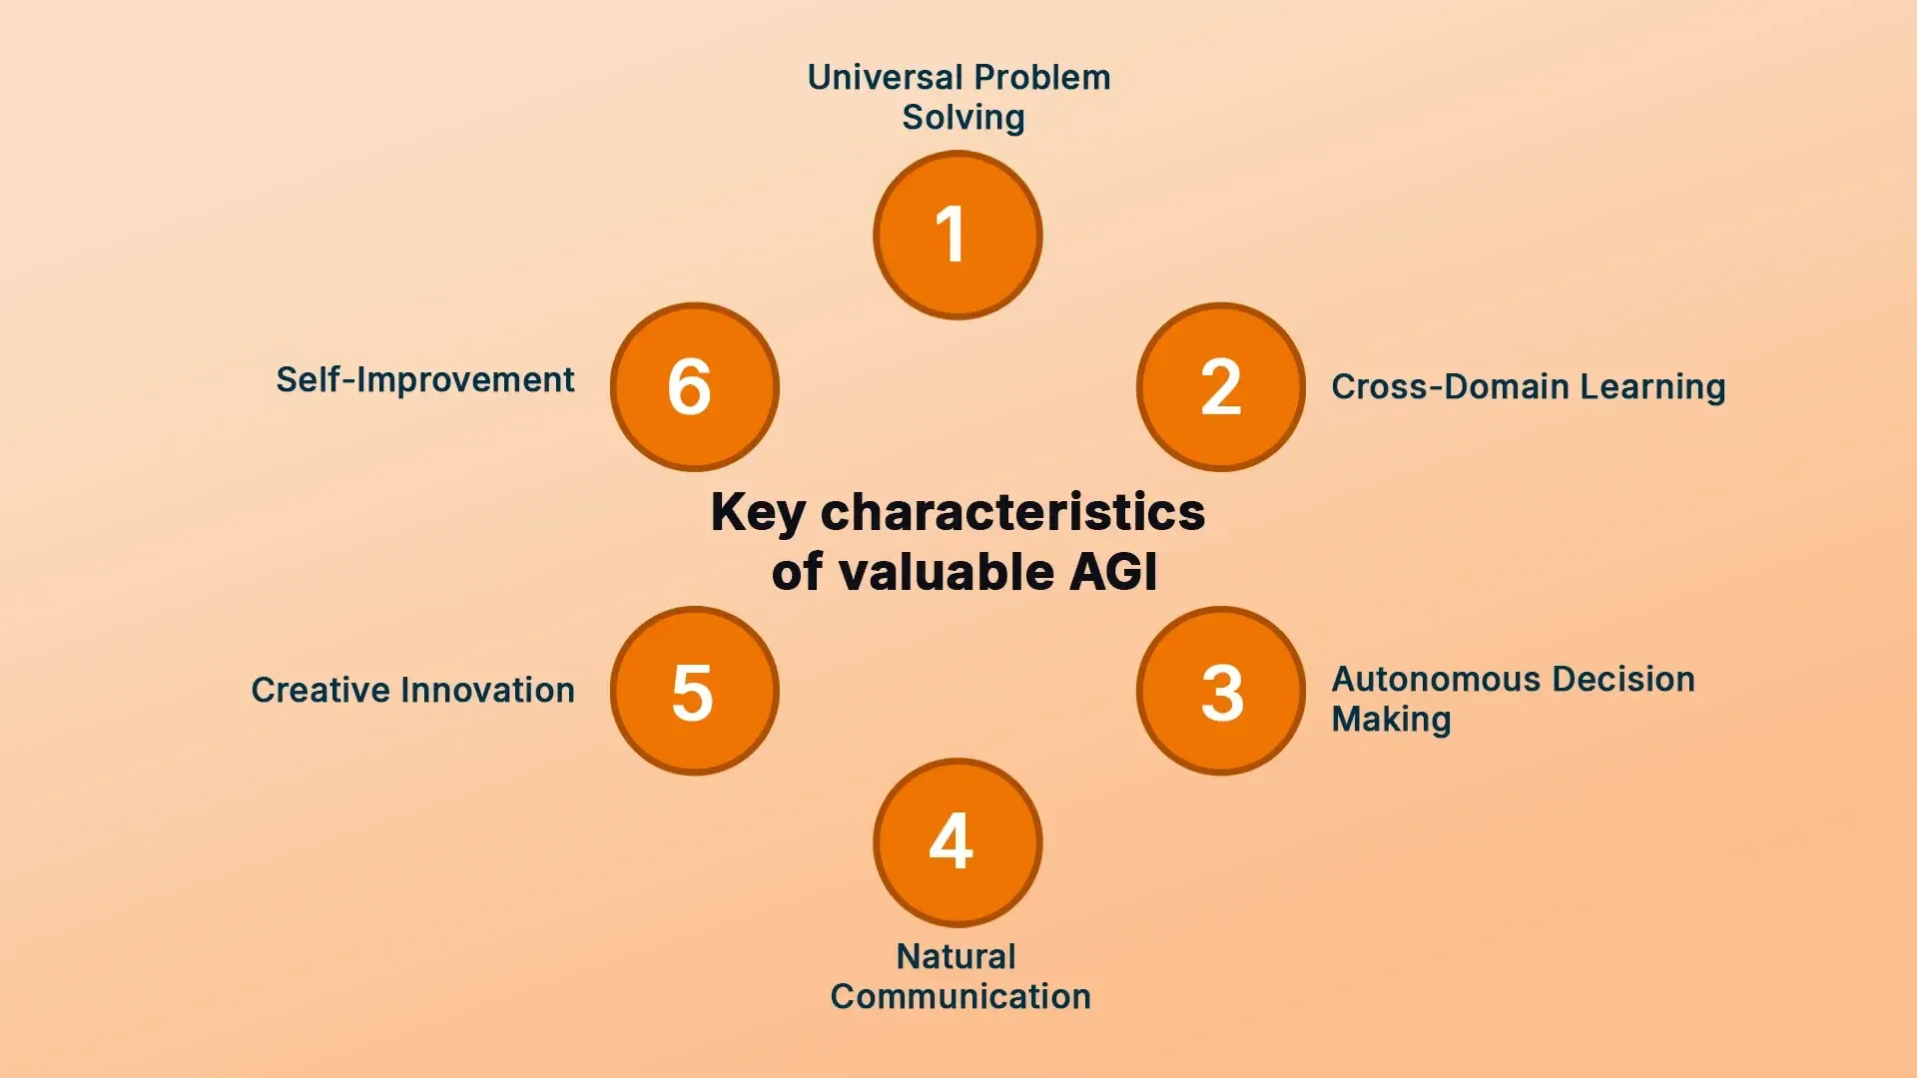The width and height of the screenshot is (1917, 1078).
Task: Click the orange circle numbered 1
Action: [958, 236]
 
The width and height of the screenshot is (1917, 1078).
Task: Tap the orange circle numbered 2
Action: [1220, 387]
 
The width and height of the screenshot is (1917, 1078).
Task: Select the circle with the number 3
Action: [1220, 691]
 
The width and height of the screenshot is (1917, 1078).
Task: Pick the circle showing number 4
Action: [958, 842]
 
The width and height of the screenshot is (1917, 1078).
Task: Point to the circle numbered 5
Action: [694, 691]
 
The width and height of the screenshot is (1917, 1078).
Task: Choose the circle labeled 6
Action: [694, 387]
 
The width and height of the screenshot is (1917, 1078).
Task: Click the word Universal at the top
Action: [885, 78]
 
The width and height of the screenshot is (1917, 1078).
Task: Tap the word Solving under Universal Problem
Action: [962, 118]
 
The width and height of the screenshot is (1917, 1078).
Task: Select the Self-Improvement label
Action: [424, 380]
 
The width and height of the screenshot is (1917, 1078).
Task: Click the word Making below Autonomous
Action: [1390, 720]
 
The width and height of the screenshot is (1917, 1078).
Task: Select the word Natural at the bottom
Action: [956, 957]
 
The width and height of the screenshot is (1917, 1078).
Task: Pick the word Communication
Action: [959, 997]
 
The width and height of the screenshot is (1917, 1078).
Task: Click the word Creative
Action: [319, 691]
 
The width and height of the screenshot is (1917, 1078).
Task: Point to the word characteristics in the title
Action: [1011, 513]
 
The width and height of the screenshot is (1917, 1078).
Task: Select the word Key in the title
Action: [757, 513]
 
